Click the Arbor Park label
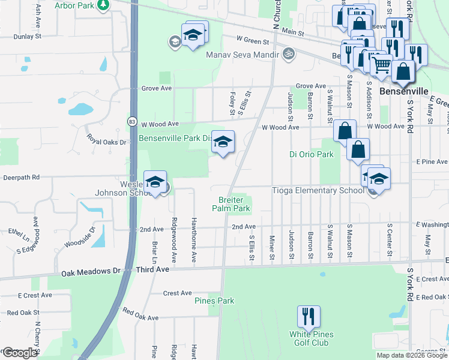(x=76, y=5)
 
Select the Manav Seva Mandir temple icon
(x=289, y=54)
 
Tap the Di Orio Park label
(x=312, y=154)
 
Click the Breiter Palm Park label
(x=231, y=204)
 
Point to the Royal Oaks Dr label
(x=107, y=143)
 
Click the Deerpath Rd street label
(x=20, y=178)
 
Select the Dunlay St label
(x=27, y=36)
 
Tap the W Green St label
(x=252, y=41)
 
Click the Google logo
(x=19, y=353)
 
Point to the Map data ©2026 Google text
(x=411, y=355)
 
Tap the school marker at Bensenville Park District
(x=223, y=142)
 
